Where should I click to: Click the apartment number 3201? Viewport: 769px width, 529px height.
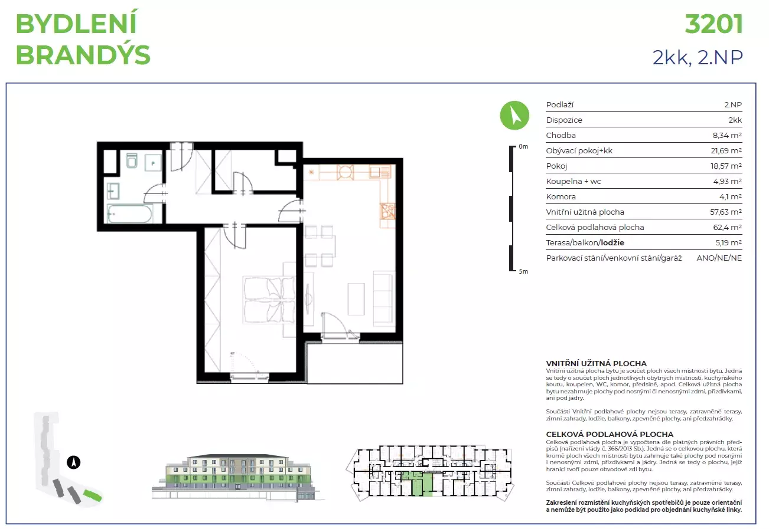(713, 24)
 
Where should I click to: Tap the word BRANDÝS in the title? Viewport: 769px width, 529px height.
(83, 55)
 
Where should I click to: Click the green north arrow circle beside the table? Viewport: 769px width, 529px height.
(514, 115)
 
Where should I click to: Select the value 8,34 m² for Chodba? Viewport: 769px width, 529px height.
(727, 136)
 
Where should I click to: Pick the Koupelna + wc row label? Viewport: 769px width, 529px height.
(574, 182)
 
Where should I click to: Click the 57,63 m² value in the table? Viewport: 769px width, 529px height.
(726, 212)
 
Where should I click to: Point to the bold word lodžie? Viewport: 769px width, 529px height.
(612, 243)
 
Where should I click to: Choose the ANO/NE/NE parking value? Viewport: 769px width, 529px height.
(719, 258)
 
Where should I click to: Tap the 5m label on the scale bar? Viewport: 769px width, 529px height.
(523, 271)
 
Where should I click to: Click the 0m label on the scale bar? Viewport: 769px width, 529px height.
(523, 146)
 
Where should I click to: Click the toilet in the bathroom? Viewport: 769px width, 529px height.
(132, 160)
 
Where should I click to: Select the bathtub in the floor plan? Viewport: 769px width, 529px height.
(129, 213)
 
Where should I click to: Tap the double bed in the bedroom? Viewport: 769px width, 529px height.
(269, 300)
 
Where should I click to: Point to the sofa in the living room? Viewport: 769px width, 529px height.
(384, 298)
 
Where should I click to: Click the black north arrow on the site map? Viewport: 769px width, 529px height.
(73, 462)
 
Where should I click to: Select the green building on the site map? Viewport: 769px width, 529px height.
(92, 496)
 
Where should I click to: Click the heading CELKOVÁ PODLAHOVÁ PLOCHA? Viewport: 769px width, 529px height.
(610, 435)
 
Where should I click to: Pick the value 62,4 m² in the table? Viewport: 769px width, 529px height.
(727, 227)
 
